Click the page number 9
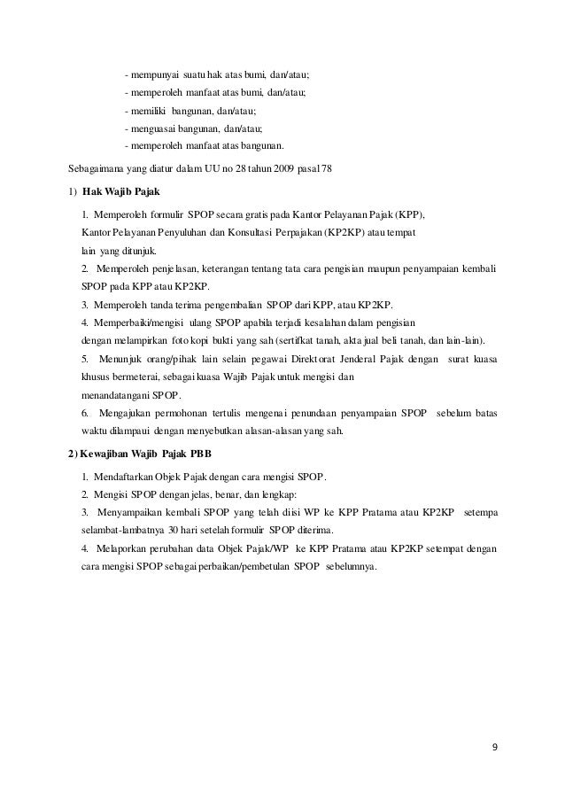(x=494, y=745)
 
